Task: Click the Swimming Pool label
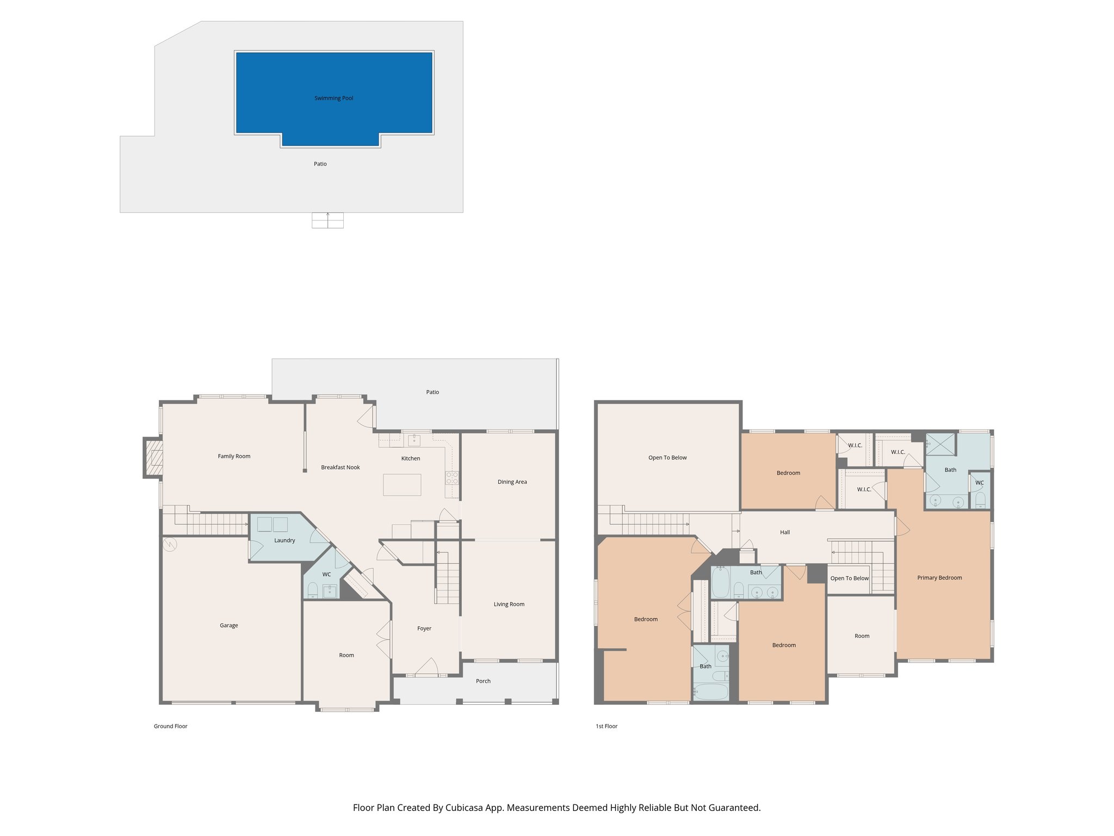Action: (x=333, y=99)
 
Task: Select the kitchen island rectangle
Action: (x=402, y=484)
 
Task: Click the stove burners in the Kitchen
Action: (x=451, y=478)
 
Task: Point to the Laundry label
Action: (x=284, y=540)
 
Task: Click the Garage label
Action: (x=228, y=625)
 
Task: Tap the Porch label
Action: (x=483, y=681)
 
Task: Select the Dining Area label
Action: (x=512, y=482)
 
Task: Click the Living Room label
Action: (x=509, y=604)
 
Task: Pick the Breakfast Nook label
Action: (x=340, y=468)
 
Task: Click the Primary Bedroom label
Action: (x=939, y=577)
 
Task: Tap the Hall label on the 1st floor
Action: (x=784, y=532)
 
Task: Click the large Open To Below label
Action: (x=667, y=458)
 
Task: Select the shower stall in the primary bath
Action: (x=940, y=444)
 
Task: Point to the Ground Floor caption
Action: (x=170, y=726)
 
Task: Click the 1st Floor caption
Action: (x=606, y=726)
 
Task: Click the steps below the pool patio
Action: (x=327, y=220)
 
